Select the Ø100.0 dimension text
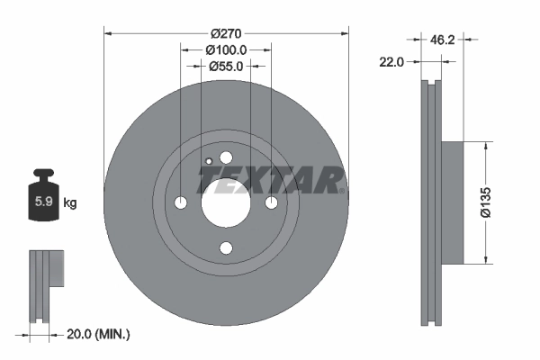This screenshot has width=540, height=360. coord(226,50)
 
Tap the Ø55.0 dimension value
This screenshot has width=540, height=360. coord(226,66)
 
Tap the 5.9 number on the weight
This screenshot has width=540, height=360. coord(41,202)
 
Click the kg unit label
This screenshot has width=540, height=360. coord(69,202)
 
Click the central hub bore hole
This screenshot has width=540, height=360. coord(226,202)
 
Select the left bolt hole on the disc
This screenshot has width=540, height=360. coord(180,202)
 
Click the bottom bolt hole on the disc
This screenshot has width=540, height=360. coord(226,248)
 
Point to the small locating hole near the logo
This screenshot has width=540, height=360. coord(208,162)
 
